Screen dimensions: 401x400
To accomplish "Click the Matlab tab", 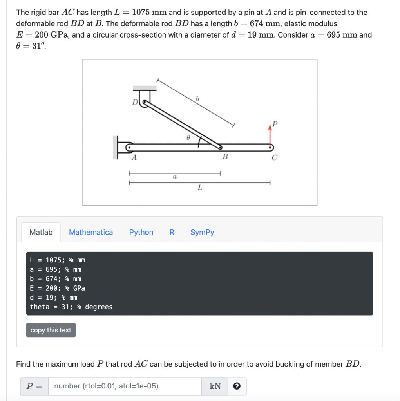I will coord(41,232).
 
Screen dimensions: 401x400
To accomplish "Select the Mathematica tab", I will coord(91,232).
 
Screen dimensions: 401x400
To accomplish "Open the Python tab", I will coord(141,232).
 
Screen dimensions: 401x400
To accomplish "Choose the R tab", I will coord(172,232).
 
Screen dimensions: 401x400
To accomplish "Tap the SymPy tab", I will coord(202,232).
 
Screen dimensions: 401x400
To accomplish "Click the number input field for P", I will coord(125,386).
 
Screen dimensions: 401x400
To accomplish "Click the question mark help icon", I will coord(237,387).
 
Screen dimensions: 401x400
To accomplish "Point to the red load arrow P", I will coord(270,135).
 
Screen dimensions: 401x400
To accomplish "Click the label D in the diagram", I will coord(135,103).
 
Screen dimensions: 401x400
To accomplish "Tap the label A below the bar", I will coord(134,157).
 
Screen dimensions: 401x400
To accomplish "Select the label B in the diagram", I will coord(225,157).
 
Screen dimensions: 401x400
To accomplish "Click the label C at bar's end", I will coord(274,157).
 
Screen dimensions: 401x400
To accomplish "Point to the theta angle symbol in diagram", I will coord(188,138).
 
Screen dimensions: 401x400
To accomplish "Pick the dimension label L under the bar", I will coord(200,188).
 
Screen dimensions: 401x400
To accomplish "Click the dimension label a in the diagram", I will coord(175,177).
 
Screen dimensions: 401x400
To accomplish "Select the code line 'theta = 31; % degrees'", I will coord(71,307).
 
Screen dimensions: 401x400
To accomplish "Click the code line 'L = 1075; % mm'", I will coord(58,260).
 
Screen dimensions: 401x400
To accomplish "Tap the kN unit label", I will coord(215,386).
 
